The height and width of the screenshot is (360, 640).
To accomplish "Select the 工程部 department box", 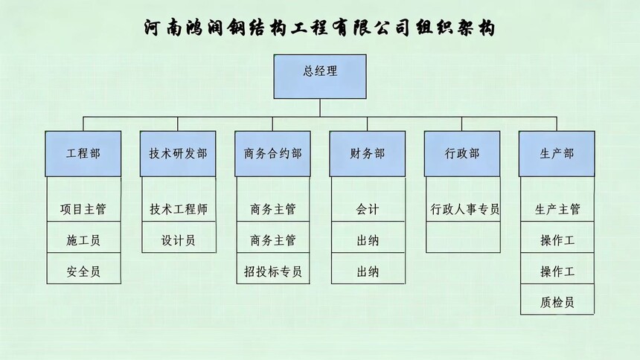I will [x=83, y=154].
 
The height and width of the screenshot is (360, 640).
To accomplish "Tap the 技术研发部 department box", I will [x=178, y=154].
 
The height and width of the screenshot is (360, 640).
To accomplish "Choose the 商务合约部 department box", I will [x=272, y=154].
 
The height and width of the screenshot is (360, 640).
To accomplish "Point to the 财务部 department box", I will [x=368, y=154].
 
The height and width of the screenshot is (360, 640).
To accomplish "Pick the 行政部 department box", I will [x=462, y=154].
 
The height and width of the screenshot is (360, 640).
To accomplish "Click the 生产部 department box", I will [x=557, y=154].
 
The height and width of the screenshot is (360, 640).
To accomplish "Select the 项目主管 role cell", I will [x=83, y=209].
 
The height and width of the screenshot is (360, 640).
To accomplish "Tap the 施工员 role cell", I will [x=83, y=240].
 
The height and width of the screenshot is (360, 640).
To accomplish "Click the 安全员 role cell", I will [x=83, y=271].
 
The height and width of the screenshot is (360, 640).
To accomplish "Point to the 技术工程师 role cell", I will [x=178, y=209].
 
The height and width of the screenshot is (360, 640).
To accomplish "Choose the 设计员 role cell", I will [x=178, y=240].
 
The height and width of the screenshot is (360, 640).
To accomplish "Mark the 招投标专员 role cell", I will [x=272, y=271].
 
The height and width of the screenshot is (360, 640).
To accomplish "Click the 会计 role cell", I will [x=368, y=209].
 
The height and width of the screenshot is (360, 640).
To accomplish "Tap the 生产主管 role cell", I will [x=557, y=209].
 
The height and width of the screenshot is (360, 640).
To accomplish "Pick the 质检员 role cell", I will [x=557, y=303].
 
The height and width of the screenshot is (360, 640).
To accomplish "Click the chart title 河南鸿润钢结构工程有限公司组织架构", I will [x=319, y=28].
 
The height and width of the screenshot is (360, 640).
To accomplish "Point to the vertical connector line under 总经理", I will [x=320, y=108].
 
